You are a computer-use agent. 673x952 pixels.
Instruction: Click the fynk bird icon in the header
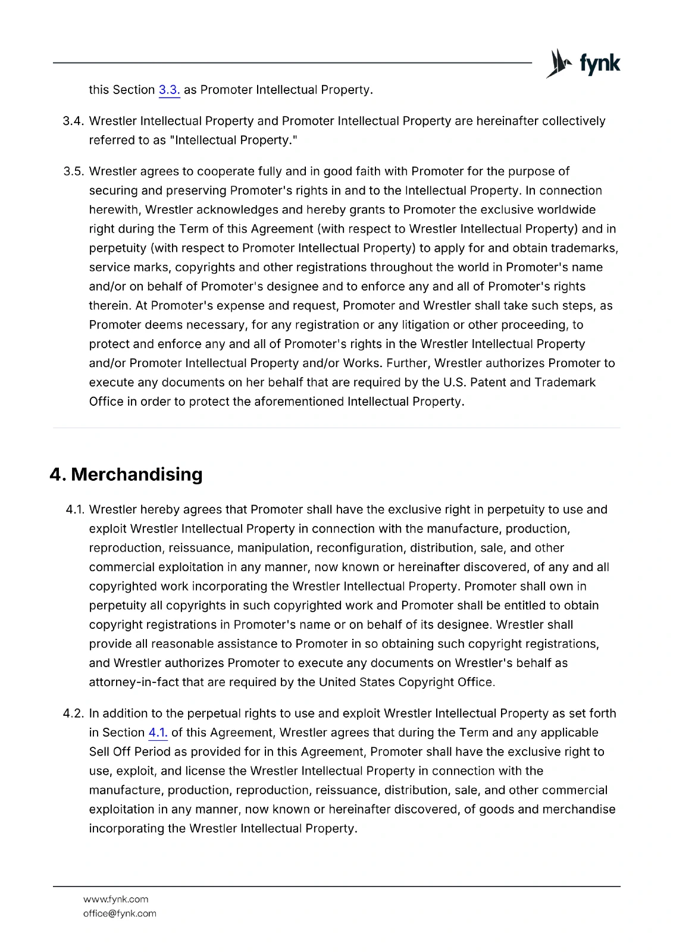click(558, 63)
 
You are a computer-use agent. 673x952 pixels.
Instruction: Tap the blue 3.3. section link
click(169, 90)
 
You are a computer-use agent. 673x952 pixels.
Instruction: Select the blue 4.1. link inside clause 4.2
click(158, 732)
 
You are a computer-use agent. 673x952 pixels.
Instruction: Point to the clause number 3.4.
click(73, 121)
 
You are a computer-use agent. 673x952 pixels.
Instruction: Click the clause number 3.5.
click(73, 171)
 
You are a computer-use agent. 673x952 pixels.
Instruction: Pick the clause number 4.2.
click(73, 713)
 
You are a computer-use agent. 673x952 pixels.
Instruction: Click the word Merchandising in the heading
click(136, 474)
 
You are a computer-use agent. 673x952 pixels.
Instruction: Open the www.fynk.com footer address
click(115, 899)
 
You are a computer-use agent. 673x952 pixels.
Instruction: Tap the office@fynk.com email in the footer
click(120, 913)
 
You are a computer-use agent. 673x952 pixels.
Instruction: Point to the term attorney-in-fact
click(134, 682)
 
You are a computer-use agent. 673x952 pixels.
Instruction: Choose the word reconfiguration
click(361, 547)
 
